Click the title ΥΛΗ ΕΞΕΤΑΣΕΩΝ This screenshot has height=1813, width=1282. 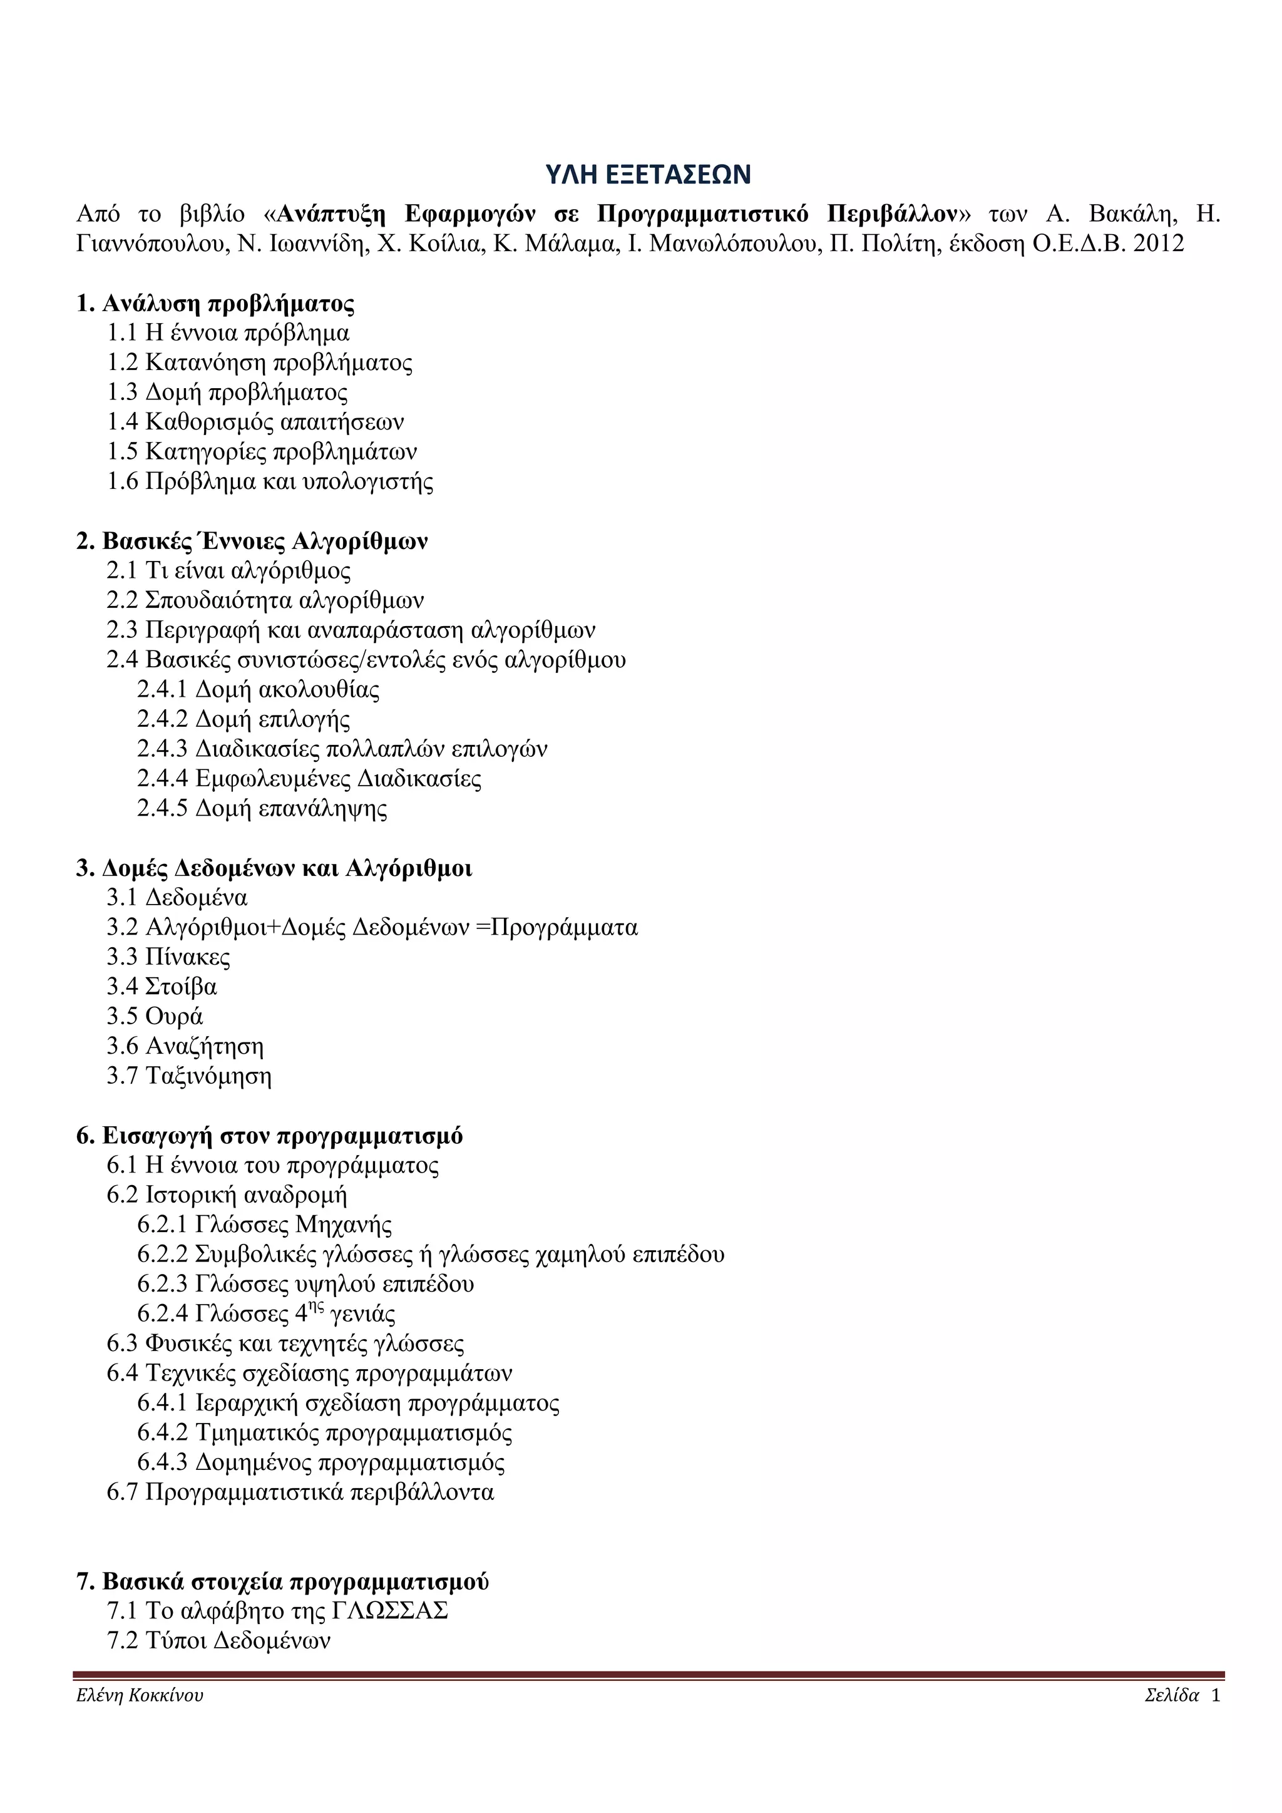point(647,175)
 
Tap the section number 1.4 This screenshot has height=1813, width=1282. point(122,423)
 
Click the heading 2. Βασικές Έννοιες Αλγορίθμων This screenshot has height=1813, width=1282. point(252,542)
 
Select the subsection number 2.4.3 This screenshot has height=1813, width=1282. point(162,749)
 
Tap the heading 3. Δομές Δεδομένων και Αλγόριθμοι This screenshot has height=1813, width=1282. point(274,868)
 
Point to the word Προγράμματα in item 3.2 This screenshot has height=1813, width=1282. point(563,928)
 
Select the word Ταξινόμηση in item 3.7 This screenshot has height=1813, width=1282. point(208,1076)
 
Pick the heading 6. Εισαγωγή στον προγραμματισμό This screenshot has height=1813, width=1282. point(269,1136)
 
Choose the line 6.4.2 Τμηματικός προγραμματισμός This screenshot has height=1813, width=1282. point(324,1433)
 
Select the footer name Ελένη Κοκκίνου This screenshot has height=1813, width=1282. point(140,1696)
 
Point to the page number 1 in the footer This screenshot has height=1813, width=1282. point(1216,1696)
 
